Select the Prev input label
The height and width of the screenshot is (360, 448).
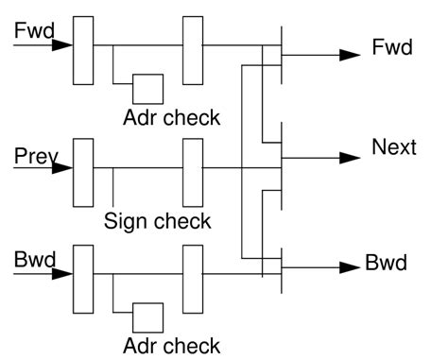tap(32, 155)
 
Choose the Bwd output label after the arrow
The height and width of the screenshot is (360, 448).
tap(386, 263)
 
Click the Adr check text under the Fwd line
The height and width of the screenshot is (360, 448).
tap(171, 118)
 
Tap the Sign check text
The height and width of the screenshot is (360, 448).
tap(158, 222)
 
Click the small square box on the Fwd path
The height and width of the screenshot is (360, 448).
tap(147, 88)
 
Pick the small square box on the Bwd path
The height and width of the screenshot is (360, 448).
tap(147, 317)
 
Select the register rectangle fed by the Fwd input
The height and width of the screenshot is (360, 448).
tap(83, 48)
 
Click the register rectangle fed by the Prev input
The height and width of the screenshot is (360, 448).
tap(83, 171)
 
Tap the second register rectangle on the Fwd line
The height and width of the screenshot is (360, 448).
tap(193, 48)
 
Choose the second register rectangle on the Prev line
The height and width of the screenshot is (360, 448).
tap(193, 171)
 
